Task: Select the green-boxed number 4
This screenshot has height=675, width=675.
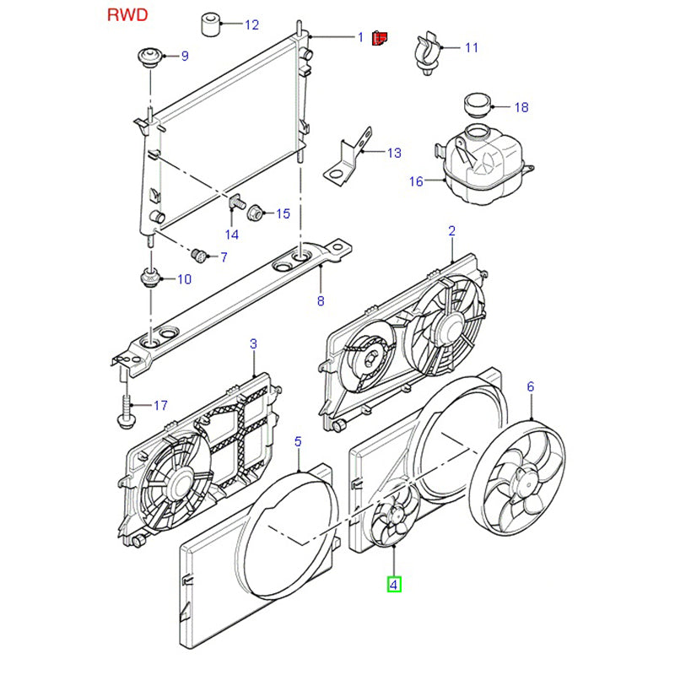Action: point(395,582)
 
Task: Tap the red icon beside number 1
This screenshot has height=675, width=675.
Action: point(381,37)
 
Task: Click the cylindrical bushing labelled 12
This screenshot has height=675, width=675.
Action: point(211,24)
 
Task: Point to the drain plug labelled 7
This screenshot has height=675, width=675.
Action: point(199,254)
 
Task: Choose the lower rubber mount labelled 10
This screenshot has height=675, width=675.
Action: point(149,277)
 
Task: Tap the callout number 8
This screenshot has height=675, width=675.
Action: point(320,300)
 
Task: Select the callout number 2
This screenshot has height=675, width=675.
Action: point(451,230)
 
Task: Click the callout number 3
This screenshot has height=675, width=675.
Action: point(253,343)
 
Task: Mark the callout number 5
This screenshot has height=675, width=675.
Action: point(298,440)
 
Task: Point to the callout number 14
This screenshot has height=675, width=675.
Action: point(231,234)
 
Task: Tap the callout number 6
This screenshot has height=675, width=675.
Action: point(531,386)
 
